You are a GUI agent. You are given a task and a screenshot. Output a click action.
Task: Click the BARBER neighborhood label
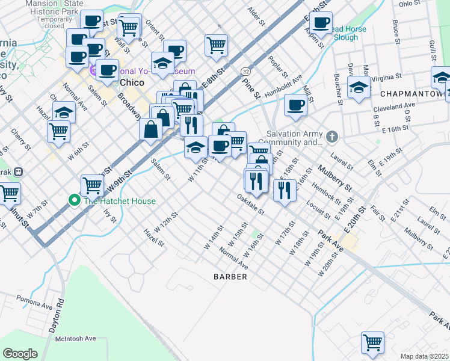click(230, 277)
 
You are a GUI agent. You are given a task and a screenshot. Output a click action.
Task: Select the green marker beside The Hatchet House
click(75, 200)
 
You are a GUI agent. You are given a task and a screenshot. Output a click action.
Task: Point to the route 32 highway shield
click(246, 72)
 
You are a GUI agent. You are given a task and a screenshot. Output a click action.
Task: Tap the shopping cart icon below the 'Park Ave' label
click(372, 342)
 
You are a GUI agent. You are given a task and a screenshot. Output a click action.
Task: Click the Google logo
click(20, 353)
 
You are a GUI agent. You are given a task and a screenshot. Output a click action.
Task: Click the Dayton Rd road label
click(60, 309)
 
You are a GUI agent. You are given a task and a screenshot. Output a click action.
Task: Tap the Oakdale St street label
click(250, 205)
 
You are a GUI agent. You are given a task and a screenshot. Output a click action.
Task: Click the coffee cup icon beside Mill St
click(295, 105)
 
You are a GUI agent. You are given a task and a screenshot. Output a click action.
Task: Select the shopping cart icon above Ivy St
click(91, 185)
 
